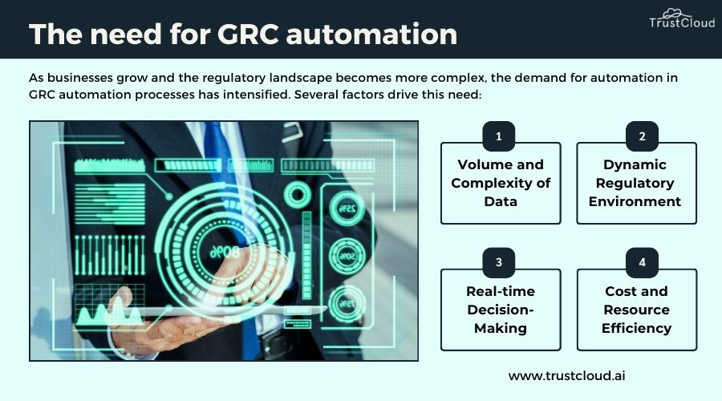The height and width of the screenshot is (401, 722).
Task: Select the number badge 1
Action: coord(498,136)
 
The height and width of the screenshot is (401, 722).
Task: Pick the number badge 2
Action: coord(642,136)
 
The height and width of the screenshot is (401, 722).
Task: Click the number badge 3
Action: coord(498,262)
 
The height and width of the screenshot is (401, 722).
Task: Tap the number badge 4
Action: coord(642,262)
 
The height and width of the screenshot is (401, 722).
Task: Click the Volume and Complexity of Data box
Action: coord(501,183)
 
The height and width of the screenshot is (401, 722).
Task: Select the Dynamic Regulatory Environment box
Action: coord(636,183)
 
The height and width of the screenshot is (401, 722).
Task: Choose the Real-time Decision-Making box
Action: coord(501,310)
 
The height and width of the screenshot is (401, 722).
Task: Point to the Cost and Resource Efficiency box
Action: coord(636,310)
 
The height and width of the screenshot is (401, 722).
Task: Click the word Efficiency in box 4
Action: coord(636,328)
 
